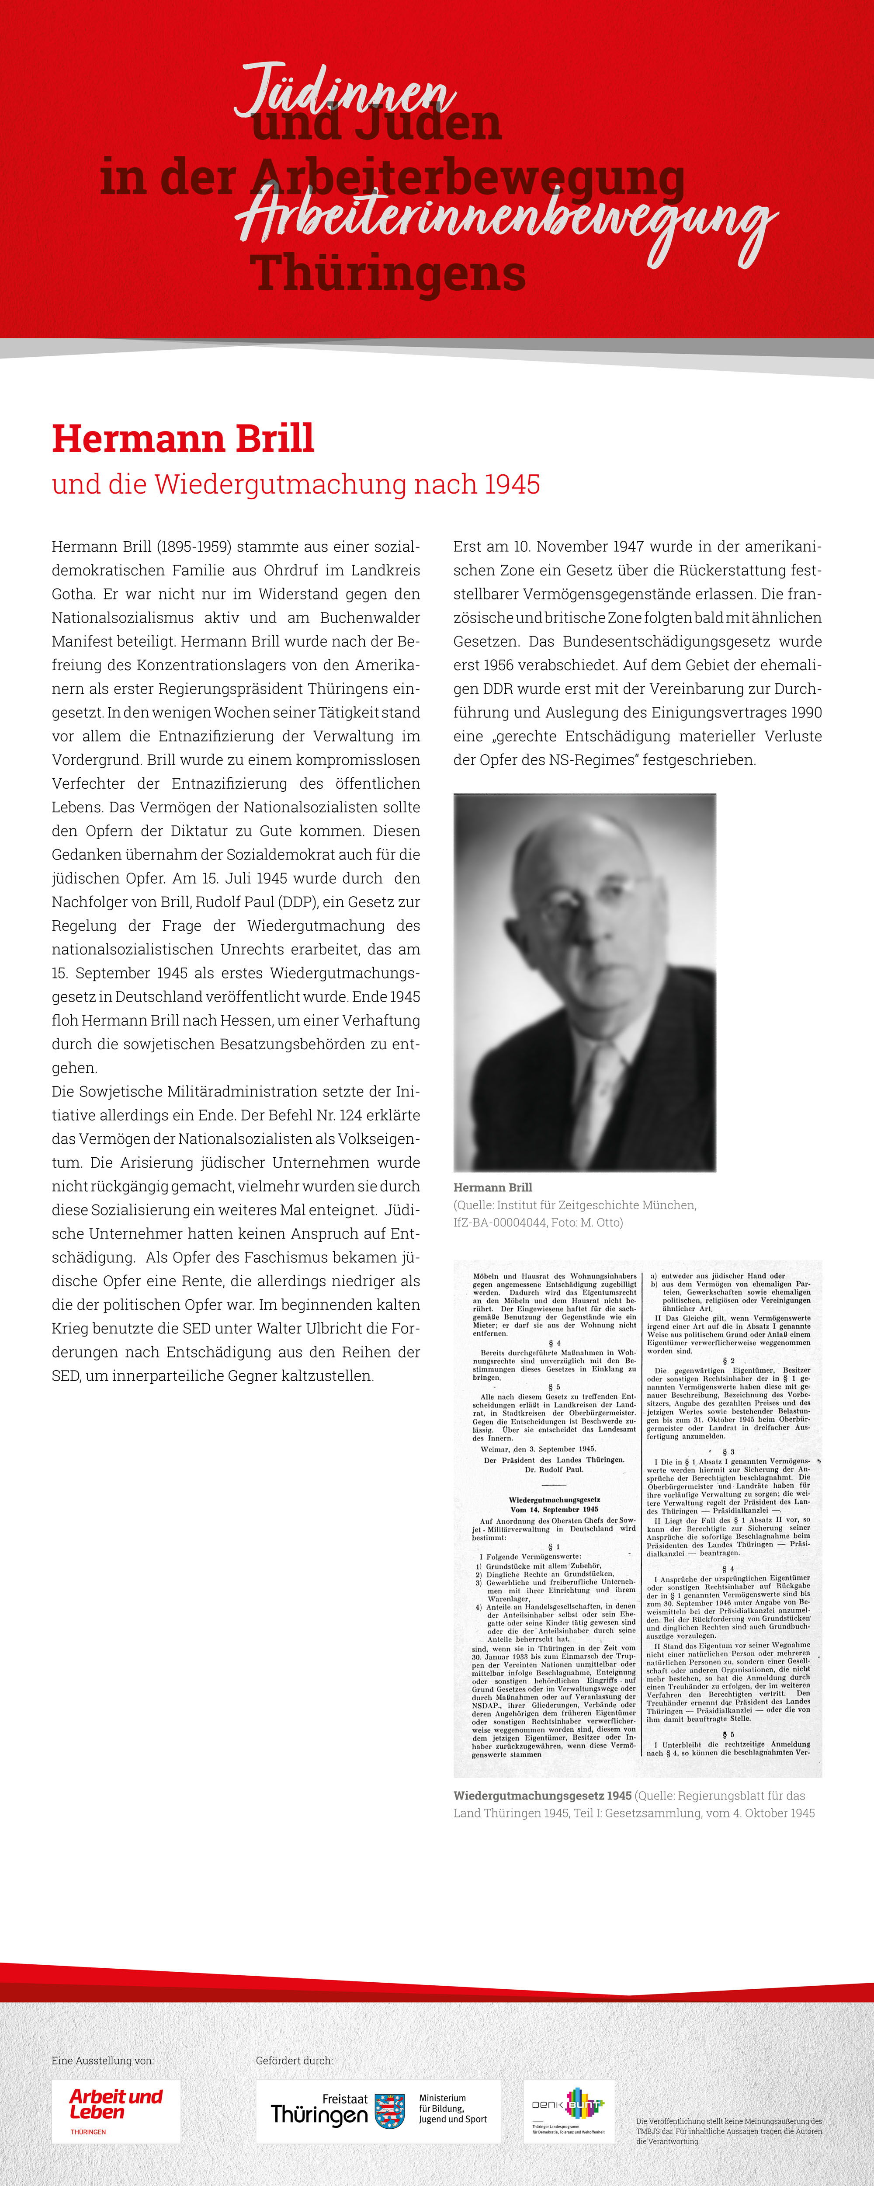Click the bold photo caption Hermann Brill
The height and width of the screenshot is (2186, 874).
[492, 1187]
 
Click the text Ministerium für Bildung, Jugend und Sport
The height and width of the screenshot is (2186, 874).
[452, 2108]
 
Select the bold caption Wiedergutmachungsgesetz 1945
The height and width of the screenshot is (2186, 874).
[542, 1796]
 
